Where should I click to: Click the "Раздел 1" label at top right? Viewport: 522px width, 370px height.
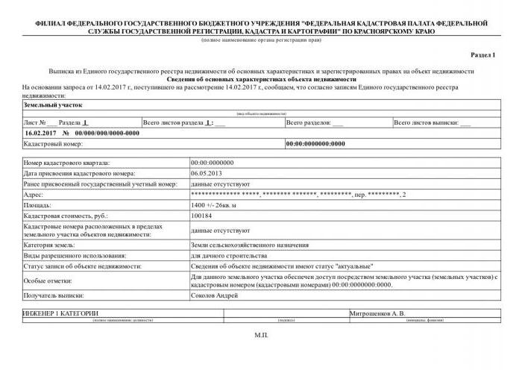pyautogui.click(x=483, y=55)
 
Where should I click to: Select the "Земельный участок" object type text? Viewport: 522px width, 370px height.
pyautogui.click(x=52, y=106)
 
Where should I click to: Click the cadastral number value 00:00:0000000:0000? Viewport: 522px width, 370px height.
pyautogui.click(x=315, y=143)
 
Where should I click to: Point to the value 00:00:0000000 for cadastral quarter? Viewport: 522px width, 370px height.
pyautogui.click(x=213, y=163)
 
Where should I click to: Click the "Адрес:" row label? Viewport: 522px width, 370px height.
pyautogui.click(x=34, y=195)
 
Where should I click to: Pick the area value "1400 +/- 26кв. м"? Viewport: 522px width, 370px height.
pyautogui.click(x=217, y=205)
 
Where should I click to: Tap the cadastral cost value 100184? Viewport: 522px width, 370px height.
pyautogui.click(x=202, y=216)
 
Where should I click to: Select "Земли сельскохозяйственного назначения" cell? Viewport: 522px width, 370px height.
pyautogui.click(x=250, y=245)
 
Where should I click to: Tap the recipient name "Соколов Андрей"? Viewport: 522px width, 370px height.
pyautogui.click(x=215, y=295)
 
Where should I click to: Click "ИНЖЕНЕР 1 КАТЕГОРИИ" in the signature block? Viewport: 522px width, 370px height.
pyautogui.click(x=61, y=313)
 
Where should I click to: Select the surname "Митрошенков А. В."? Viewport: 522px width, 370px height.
pyautogui.click(x=377, y=313)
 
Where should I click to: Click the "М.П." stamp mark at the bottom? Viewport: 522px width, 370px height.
pyautogui.click(x=260, y=336)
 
